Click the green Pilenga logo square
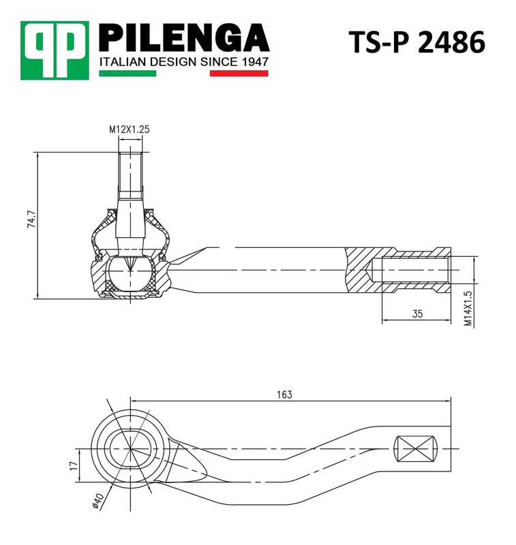point(55,50)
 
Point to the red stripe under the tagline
point(239,73)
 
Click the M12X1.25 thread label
point(129,128)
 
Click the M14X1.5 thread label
point(468,309)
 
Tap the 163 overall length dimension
point(284,394)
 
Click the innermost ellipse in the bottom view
point(130,450)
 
